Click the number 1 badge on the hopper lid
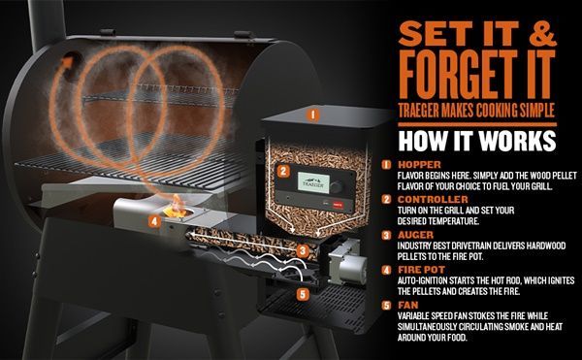point(313,115)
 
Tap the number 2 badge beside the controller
point(283,171)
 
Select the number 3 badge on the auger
point(303,251)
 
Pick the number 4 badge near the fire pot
point(154,222)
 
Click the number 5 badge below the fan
point(303,295)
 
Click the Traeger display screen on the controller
point(313,182)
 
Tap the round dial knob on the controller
point(336,187)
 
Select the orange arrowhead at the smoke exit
point(67,62)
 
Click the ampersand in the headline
point(542,33)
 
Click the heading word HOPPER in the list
point(419,164)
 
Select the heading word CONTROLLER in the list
point(433,199)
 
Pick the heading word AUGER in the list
point(415,235)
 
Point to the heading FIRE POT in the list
point(421,270)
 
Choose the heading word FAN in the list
point(408,305)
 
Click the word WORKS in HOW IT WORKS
point(517,141)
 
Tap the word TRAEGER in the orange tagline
point(419,111)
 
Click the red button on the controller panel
point(338,204)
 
